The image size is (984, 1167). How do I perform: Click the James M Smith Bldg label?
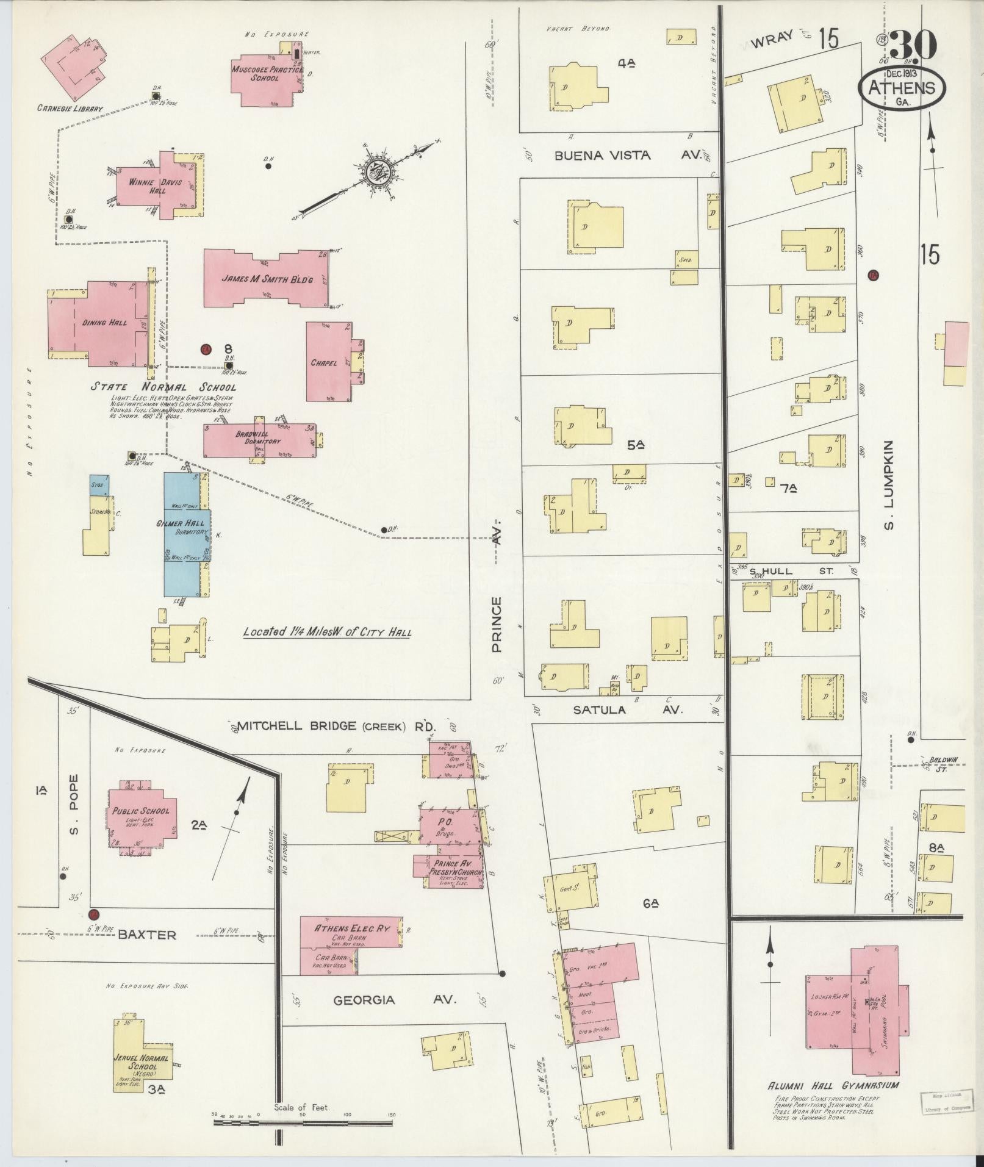click(267, 279)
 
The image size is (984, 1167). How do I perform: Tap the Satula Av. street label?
click(628, 709)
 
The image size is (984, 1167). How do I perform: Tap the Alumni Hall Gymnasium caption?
click(833, 1085)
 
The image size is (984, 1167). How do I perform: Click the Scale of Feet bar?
click(303, 1122)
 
